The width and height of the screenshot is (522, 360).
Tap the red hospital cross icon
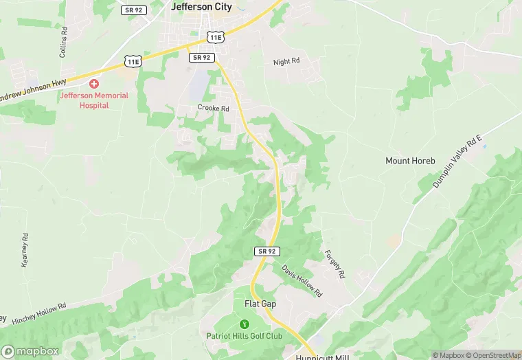pos(94,83)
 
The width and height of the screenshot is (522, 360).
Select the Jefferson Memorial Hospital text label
pos(94,100)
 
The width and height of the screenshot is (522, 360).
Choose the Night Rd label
pos(286,61)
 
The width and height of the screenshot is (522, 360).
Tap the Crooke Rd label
pos(213,108)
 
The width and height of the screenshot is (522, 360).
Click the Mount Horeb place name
pos(410,161)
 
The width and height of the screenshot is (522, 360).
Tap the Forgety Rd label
pos(334,264)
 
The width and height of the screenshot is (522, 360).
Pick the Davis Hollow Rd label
pos(302,281)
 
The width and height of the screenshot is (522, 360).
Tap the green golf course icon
pos(243,324)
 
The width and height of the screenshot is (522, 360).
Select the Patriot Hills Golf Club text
pos(245,336)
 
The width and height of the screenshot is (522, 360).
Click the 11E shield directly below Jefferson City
pos(216,36)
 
